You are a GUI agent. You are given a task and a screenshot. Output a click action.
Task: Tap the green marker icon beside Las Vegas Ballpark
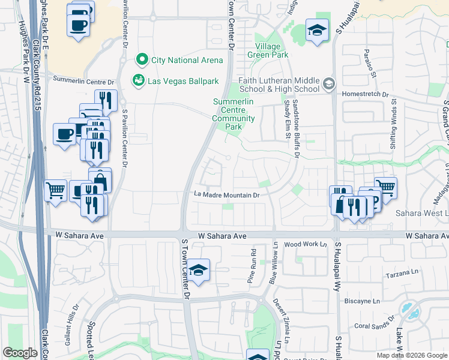(138, 80)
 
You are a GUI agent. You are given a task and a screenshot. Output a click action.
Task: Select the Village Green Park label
(268, 50)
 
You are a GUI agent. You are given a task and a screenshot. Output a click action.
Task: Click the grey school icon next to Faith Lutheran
(327, 85)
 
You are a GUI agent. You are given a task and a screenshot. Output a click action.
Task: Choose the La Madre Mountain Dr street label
(227, 194)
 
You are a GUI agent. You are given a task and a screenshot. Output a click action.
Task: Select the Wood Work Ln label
(304, 244)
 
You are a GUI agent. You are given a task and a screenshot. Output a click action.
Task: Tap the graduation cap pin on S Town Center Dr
(197, 270)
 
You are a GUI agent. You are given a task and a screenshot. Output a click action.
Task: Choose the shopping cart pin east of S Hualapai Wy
(385, 188)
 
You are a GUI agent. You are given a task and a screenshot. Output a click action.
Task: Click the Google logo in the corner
(20, 353)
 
